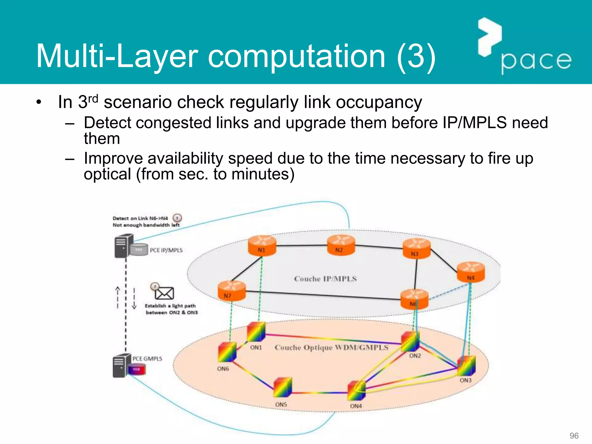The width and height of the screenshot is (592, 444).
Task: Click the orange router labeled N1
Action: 262,246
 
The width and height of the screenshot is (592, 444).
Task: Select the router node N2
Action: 341,245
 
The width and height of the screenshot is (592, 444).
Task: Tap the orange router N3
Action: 417,249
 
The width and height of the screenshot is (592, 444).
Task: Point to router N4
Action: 471,272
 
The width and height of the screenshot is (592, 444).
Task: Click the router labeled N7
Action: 231,291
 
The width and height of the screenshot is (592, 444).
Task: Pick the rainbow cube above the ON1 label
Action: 256,332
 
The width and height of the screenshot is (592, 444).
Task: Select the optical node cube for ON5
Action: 283,388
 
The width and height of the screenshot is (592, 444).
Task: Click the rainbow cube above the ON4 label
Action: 357,391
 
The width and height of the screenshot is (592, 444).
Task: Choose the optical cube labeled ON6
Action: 227,352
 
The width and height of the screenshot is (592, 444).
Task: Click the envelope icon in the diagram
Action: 164,293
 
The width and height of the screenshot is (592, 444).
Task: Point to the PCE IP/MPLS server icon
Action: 124,246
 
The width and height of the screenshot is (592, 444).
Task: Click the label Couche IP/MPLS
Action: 325,279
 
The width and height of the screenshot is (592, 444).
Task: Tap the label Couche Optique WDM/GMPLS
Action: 331,347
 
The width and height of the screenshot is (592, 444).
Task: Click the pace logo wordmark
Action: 536,61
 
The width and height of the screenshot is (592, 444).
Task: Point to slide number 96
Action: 574,436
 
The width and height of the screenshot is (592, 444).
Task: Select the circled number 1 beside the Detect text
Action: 177,218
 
